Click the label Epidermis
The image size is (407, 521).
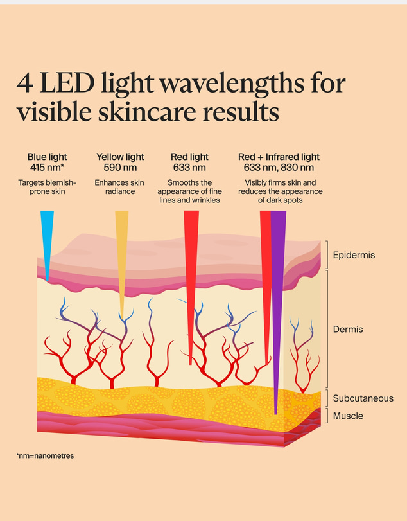354,255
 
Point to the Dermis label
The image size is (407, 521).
348,330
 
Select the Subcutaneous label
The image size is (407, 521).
363,398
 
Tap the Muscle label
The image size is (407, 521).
348,416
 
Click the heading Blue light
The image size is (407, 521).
47,157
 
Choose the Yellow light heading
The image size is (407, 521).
120,157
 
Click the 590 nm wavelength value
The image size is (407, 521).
120,168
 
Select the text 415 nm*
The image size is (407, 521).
47,168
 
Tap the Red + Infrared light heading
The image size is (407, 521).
279,157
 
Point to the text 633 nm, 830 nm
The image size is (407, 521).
279,168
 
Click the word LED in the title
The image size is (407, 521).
67,83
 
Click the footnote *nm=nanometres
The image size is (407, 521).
45,456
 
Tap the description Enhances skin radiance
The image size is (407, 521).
119,187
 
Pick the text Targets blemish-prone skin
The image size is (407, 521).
47,187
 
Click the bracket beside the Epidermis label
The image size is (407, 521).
327,254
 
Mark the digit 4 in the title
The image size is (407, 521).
25,83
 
